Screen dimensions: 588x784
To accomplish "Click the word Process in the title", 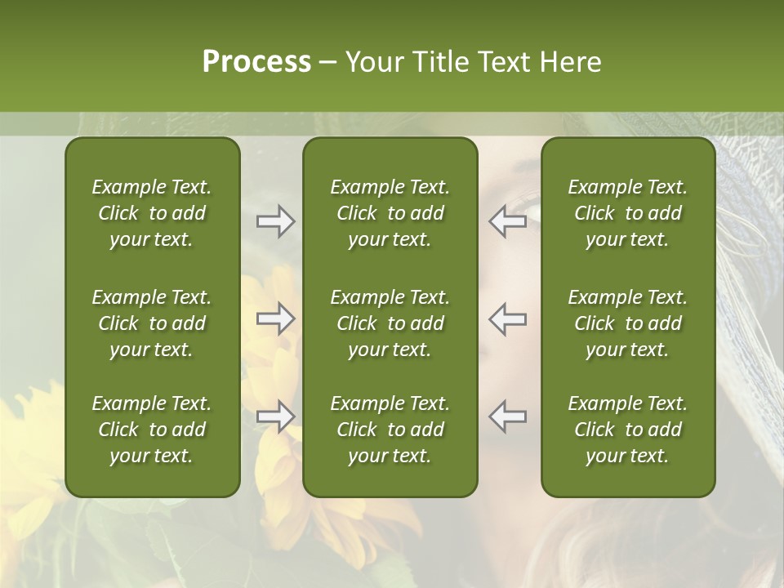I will [x=256, y=62].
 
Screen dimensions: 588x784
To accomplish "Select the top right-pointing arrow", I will [x=275, y=221].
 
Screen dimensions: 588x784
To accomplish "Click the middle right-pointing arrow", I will [x=275, y=318].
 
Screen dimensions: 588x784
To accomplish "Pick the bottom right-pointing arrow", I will [x=275, y=416].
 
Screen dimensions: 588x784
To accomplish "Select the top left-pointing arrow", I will [x=507, y=221].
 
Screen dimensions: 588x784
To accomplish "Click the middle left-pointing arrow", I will [x=507, y=318].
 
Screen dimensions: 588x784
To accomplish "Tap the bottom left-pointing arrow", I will [x=507, y=416].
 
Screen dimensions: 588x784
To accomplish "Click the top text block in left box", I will [x=152, y=213].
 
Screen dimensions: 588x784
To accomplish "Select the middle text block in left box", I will [x=152, y=323].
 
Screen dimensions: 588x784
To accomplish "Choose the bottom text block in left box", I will [x=152, y=430].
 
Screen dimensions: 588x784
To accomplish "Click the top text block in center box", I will [x=390, y=213].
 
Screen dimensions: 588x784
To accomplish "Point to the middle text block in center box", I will [x=390, y=323].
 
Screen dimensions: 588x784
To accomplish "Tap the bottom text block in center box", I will [x=390, y=430].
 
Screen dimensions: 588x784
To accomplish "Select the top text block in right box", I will [x=627, y=213].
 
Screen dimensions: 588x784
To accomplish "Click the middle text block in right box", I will [x=627, y=323].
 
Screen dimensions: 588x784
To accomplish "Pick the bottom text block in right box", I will [x=627, y=430].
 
